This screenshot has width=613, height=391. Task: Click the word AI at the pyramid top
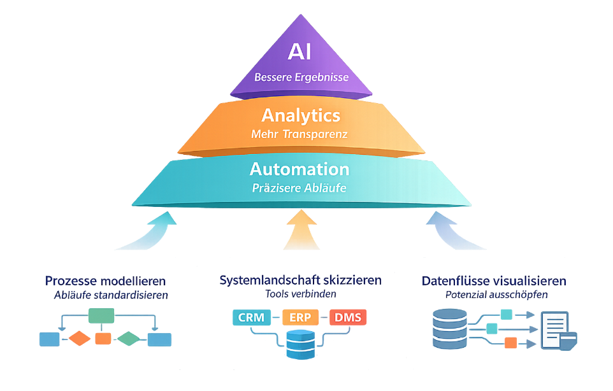coord(299,52)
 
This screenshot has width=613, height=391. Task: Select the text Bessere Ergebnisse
coord(301,78)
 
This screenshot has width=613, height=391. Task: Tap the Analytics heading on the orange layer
coord(301,115)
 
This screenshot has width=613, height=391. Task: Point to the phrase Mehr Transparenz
coord(301,134)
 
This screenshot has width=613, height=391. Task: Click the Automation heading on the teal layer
coord(299,169)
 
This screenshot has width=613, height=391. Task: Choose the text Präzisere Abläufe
coord(299,188)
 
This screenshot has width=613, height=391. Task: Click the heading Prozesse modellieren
coord(106,281)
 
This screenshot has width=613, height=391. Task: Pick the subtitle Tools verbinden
coord(301,294)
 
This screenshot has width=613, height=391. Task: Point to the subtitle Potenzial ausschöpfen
coord(495,295)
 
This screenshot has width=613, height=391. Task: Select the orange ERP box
coord(300,317)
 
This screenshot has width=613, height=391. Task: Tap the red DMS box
coord(349,317)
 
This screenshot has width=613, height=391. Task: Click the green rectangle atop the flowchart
coord(101,315)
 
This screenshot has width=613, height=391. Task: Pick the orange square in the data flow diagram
coord(510,343)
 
